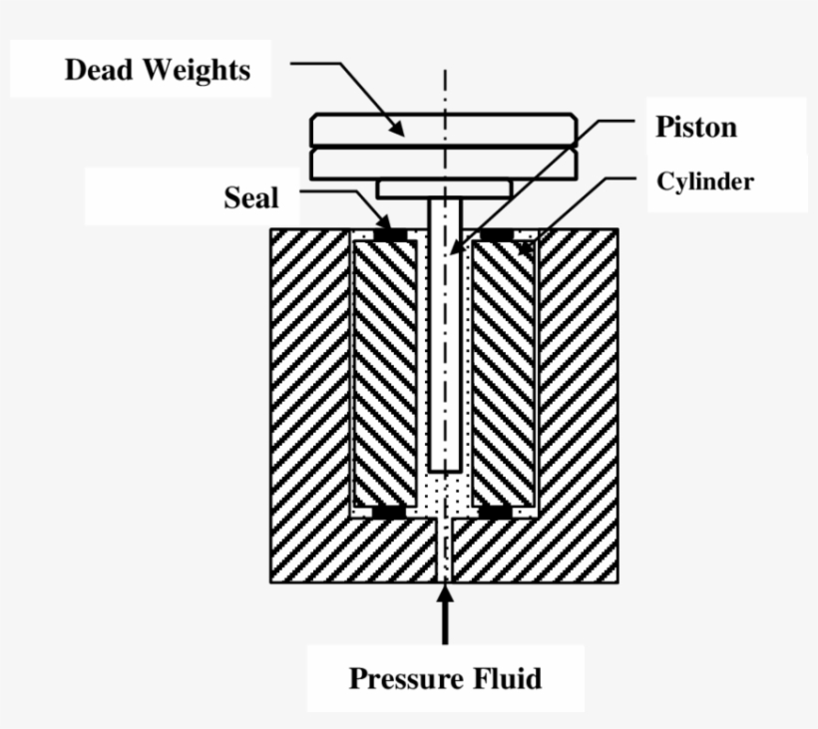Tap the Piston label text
[695, 127]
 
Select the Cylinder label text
[704, 182]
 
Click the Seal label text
[250, 197]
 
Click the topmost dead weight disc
[444, 131]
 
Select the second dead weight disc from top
[444, 163]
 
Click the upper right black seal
[496, 235]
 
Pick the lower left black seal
[390, 513]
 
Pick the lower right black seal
[496, 513]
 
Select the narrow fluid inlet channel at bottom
[445, 553]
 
